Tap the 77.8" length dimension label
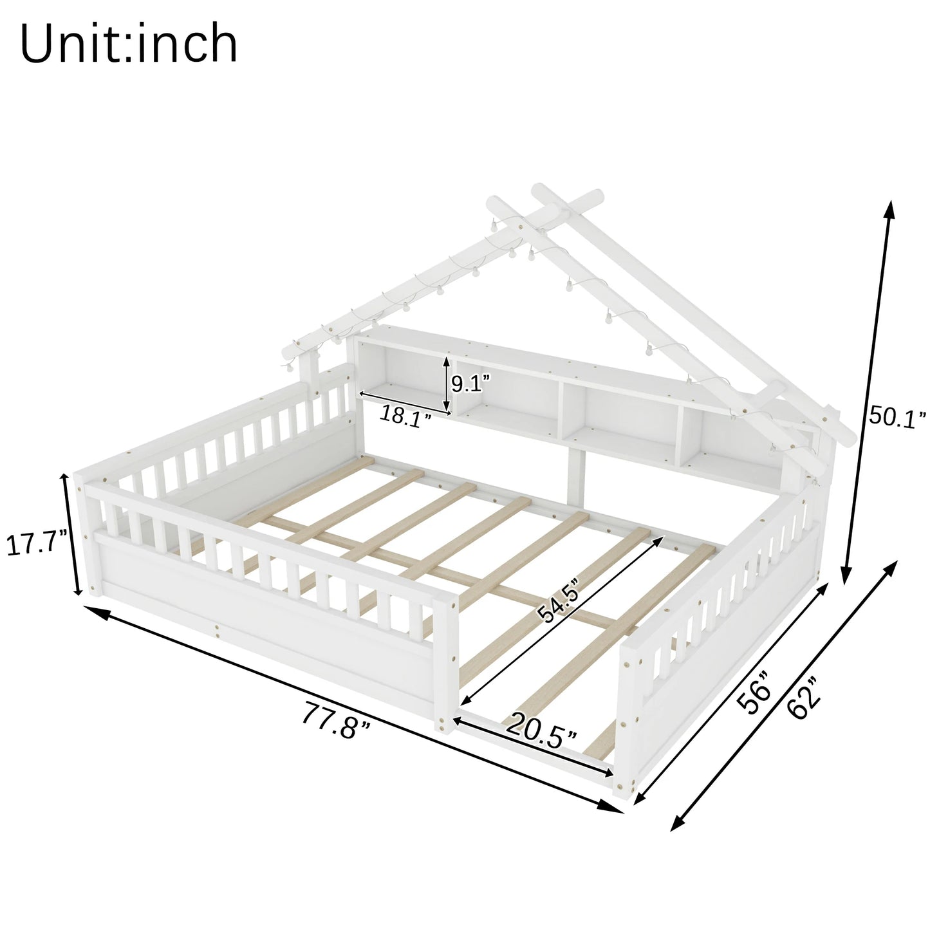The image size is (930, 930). (x=337, y=721)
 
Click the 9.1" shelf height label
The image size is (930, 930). (x=470, y=383)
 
